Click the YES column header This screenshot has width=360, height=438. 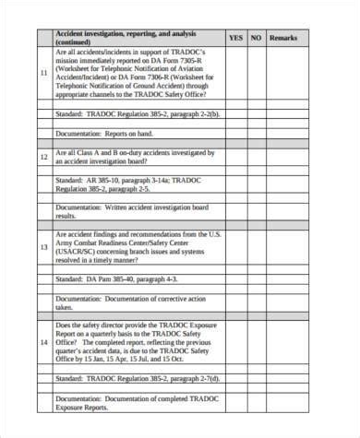click(x=235, y=38)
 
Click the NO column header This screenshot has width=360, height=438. click(x=257, y=38)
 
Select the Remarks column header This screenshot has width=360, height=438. click(x=283, y=38)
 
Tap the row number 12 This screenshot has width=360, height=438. click(x=44, y=157)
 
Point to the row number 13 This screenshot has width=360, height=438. click(x=44, y=247)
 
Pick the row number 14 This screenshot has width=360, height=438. click(x=44, y=343)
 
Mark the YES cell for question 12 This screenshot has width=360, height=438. click(x=235, y=157)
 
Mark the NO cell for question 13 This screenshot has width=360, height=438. click(x=257, y=247)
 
